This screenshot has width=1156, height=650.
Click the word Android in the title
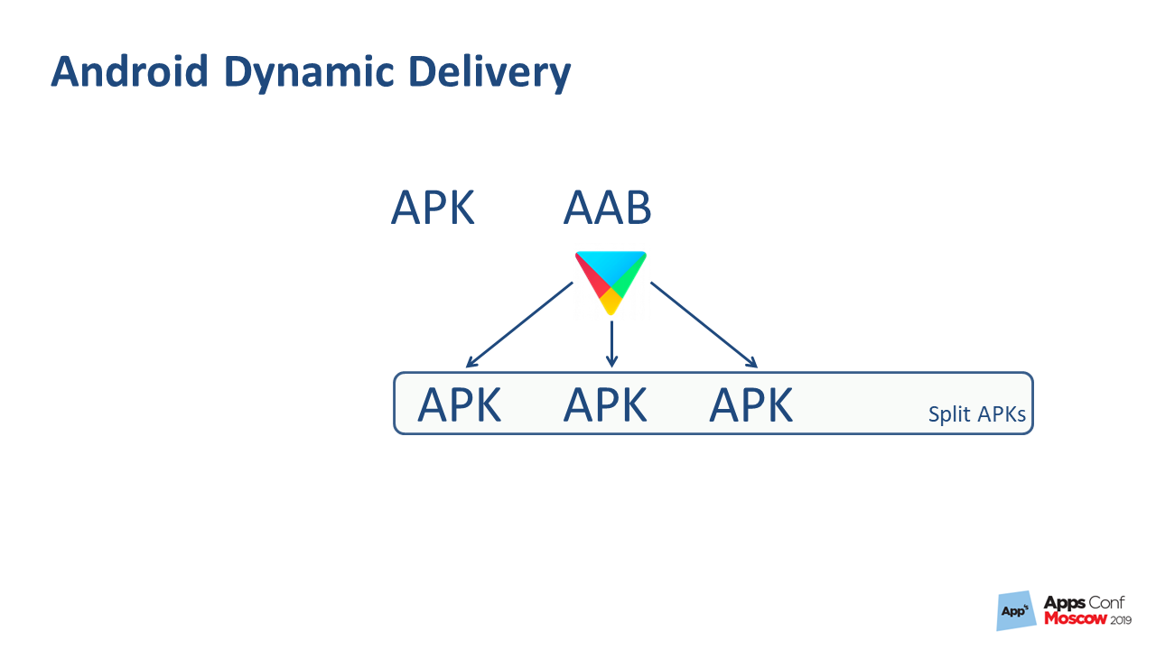129,71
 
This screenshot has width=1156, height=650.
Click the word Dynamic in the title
310,74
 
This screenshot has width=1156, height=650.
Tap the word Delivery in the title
489,74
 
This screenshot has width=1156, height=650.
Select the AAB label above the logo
607,208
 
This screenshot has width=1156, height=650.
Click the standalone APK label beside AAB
433,208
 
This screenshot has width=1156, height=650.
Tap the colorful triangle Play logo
611,283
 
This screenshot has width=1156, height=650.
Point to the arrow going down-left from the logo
519,324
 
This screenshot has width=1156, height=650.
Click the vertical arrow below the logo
611,344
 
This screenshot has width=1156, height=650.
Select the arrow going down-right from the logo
704,324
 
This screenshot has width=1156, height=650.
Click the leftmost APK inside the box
460,405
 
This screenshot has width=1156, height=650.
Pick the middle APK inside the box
605,405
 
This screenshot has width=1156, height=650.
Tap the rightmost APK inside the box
751,405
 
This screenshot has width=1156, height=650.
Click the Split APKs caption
977,414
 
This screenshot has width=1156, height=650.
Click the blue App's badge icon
1016,611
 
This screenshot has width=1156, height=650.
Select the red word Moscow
1076,618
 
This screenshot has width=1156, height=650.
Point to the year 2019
1121,619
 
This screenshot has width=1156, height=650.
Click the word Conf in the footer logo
1107,602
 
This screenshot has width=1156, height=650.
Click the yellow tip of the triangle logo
611,301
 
